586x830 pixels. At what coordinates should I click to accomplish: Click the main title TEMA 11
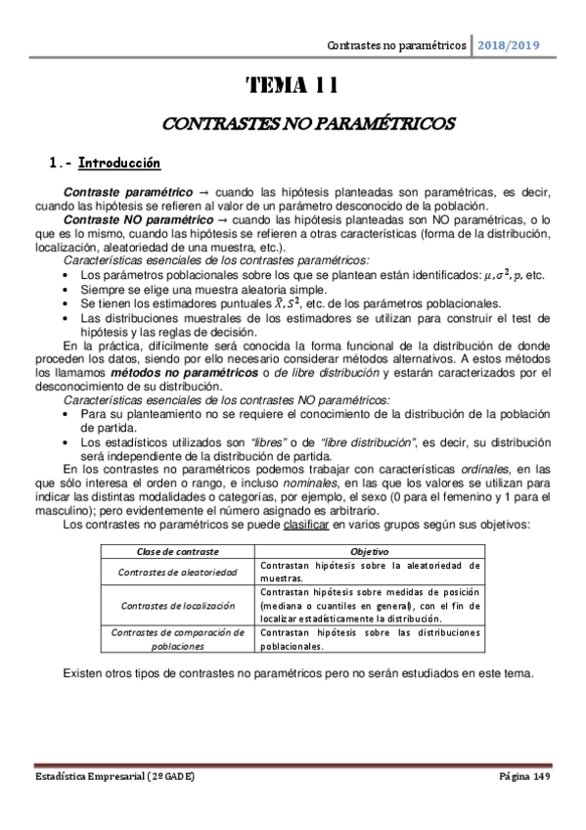[293, 86]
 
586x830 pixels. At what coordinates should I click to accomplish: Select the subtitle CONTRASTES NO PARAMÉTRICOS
[293, 125]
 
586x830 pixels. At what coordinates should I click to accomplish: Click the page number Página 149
[524, 775]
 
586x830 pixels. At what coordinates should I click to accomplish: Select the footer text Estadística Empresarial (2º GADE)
[115, 775]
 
